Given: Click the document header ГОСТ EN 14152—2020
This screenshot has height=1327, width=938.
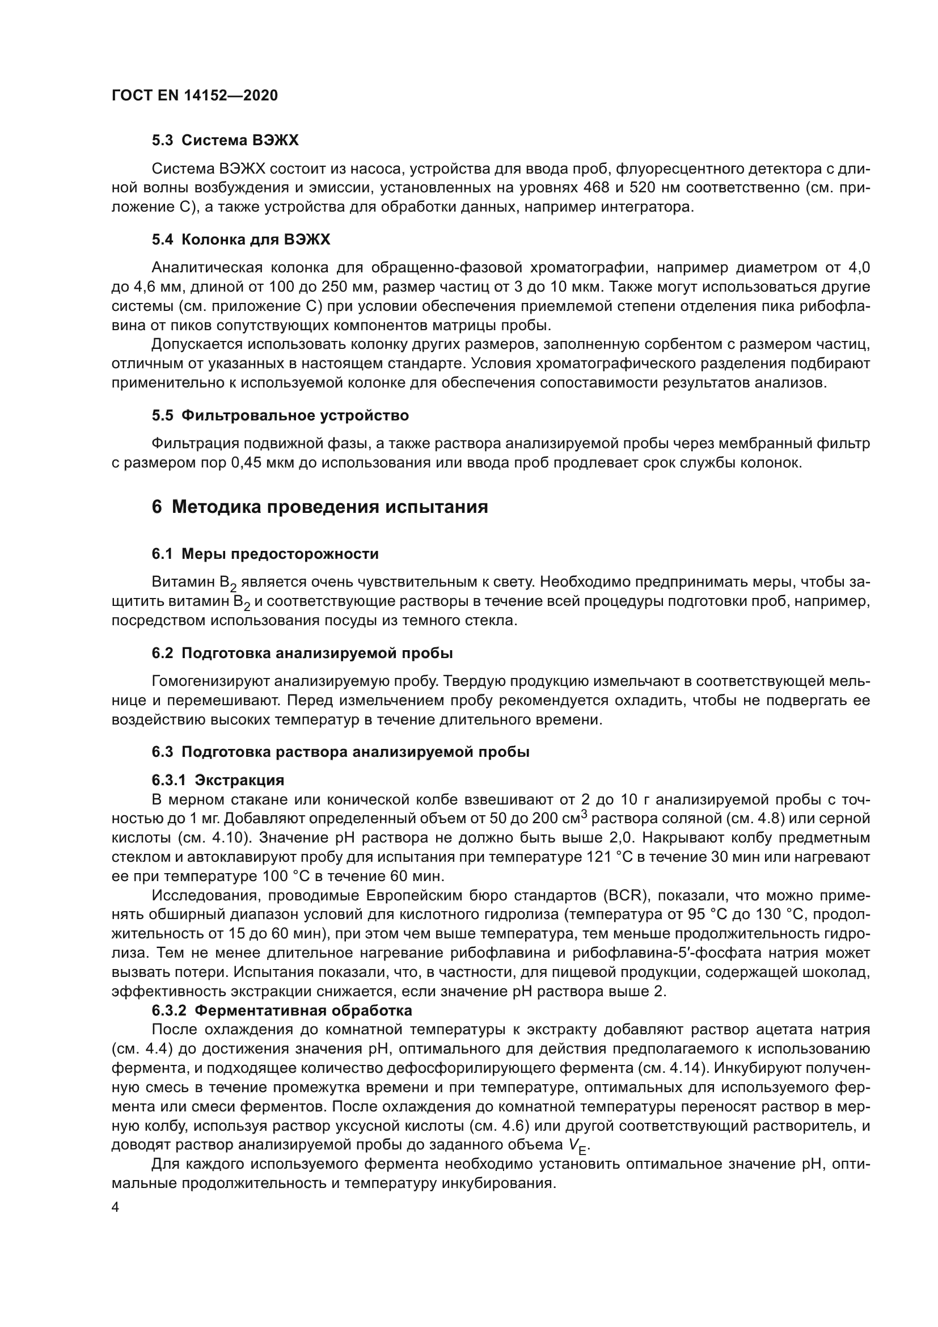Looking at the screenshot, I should coord(194,95).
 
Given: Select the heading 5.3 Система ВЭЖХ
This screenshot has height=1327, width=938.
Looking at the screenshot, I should coord(225,140).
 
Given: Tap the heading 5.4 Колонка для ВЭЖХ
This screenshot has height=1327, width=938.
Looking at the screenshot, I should coord(241,239).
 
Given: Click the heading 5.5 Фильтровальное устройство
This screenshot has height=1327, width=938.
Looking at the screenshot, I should coord(280,415).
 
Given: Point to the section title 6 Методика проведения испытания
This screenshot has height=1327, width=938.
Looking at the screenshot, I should coord(320,507).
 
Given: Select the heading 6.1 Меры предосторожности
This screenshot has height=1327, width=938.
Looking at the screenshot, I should coord(265,554).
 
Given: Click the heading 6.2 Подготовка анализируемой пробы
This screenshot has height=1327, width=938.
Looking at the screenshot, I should coord(302,653).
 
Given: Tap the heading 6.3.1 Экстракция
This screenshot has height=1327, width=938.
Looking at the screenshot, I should coord(218,780).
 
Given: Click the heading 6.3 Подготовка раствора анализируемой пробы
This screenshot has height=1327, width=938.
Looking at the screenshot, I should coord(340,752).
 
